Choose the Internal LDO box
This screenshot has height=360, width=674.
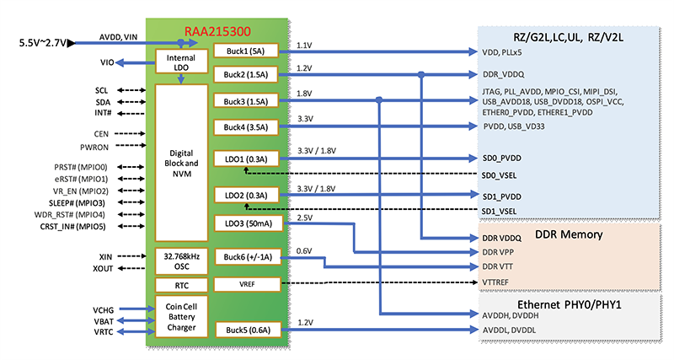179,62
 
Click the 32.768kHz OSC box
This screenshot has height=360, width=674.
179,261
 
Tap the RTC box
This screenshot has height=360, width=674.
179,285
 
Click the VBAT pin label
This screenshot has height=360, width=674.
104,320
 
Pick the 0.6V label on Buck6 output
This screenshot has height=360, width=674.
306,250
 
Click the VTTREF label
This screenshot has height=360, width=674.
497,281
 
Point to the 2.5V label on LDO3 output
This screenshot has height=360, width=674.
306,218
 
